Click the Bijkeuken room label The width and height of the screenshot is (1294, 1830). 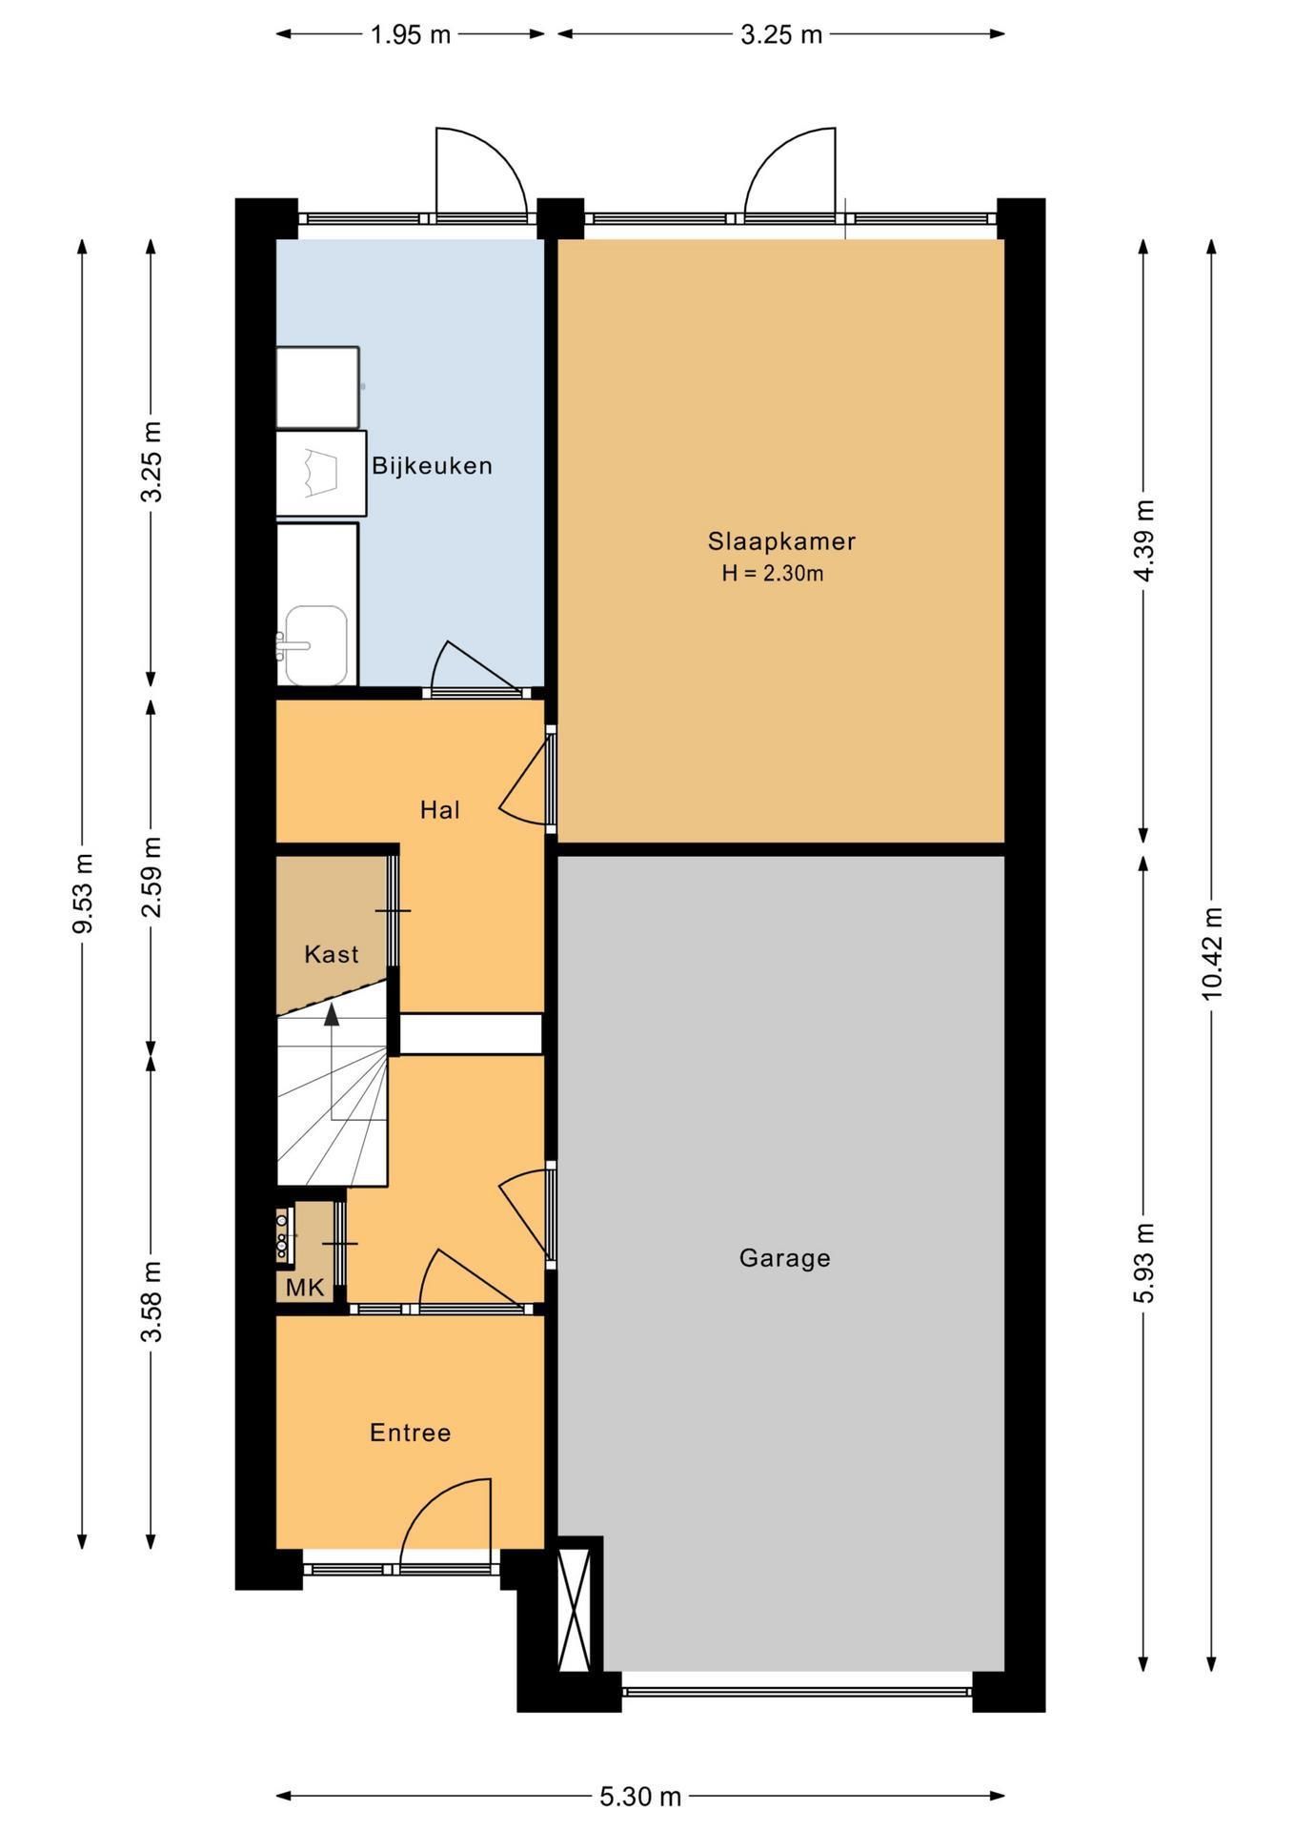pyautogui.click(x=432, y=466)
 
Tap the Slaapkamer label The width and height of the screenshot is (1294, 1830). pyautogui.click(x=781, y=541)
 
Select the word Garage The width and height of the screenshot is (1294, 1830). pyautogui.click(x=785, y=1258)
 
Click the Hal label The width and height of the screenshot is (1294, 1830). pyautogui.click(x=440, y=810)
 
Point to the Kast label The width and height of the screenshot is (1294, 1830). pyautogui.click(x=332, y=954)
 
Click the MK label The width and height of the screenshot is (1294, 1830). pyautogui.click(x=305, y=1288)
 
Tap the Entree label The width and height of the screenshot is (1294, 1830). pyautogui.click(x=411, y=1433)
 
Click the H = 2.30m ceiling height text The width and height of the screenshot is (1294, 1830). pyautogui.click(x=773, y=574)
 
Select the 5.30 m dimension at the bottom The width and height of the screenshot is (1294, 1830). pyautogui.click(x=640, y=1797)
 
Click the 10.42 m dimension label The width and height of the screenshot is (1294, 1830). pyautogui.click(x=1211, y=953)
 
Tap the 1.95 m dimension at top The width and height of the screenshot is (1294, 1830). pyautogui.click(x=410, y=35)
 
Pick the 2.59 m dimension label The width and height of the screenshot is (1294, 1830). pyautogui.click(x=151, y=877)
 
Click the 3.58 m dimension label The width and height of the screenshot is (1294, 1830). pyautogui.click(x=151, y=1301)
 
